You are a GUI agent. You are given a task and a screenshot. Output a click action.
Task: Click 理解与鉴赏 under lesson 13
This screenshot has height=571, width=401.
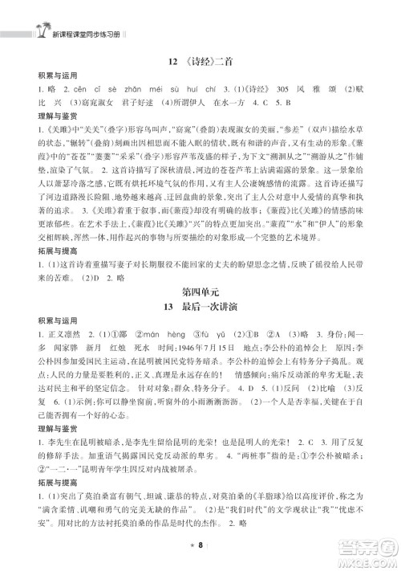(x=44, y=426)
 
